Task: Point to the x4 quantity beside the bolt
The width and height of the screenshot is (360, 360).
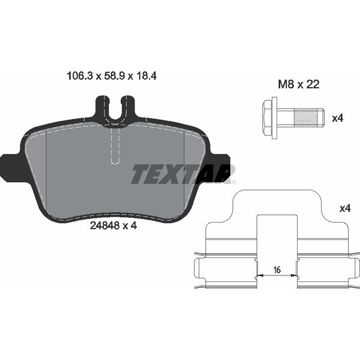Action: (x=337, y=118)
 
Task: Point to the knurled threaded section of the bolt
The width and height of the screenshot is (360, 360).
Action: (x=310, y=116)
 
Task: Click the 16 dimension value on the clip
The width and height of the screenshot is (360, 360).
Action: (x=276, y=270)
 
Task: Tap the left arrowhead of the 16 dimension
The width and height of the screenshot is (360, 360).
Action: (x=259, y=277)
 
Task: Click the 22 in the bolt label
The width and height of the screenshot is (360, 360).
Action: (x=312, y=85)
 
